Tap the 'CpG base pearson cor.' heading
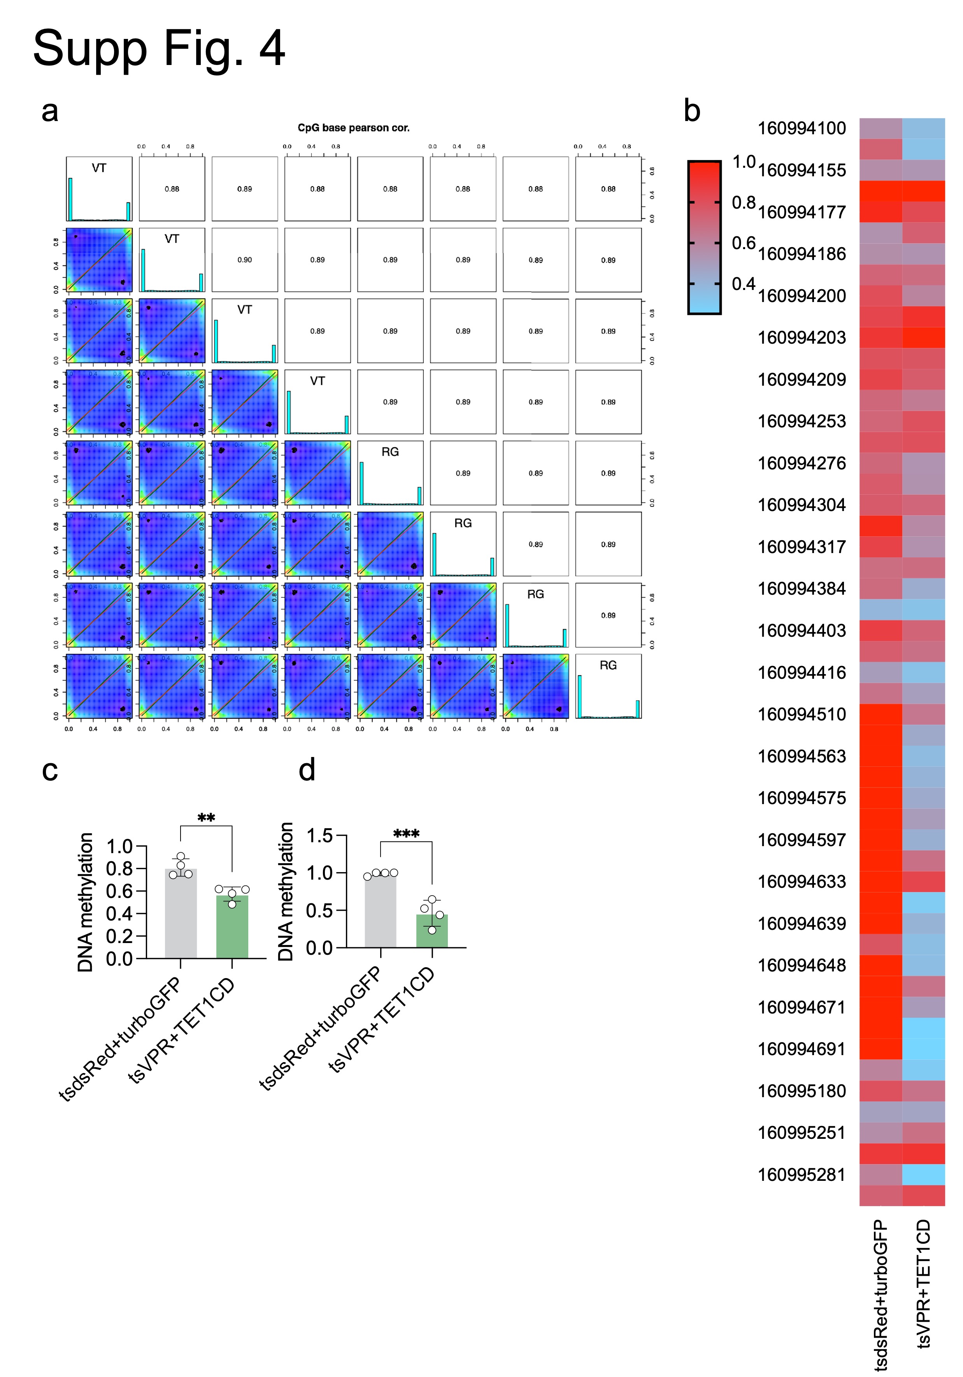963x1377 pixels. [353, 128]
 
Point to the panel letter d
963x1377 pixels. [307, 769]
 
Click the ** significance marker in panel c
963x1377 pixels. [206, 818]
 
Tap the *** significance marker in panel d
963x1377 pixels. [406, 834]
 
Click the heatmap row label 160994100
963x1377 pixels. [802, 128]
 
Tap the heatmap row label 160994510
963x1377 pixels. [802, 714]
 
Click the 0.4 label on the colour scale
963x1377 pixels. [744, 284]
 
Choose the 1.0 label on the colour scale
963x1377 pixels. [744, 162]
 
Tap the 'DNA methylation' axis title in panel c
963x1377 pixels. [86, 902]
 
